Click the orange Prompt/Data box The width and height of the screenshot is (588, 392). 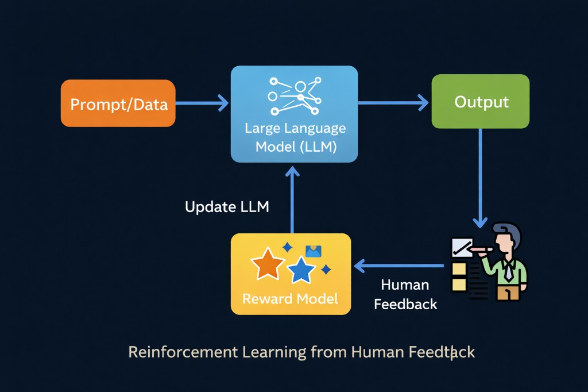[118, 103]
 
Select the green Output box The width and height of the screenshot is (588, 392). [481, 102]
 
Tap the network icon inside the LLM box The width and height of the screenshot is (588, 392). [294, 95]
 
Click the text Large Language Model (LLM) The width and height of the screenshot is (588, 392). [296, 137]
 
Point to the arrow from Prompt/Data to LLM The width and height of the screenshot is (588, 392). [202, 103]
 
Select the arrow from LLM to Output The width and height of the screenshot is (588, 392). [393, 103]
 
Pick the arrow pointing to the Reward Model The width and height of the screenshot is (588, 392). [399, 266]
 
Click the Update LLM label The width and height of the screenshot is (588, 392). [227, 207]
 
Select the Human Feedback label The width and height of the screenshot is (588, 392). [405, 294]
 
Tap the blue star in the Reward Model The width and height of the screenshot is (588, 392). [301, 269]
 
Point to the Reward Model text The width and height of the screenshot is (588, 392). [290, 299]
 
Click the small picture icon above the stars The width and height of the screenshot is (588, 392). [313, 251]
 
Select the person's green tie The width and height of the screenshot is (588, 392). [509, 270]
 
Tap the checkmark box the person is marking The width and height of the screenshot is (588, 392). [462, 248]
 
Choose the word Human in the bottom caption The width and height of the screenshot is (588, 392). [373, 352]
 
